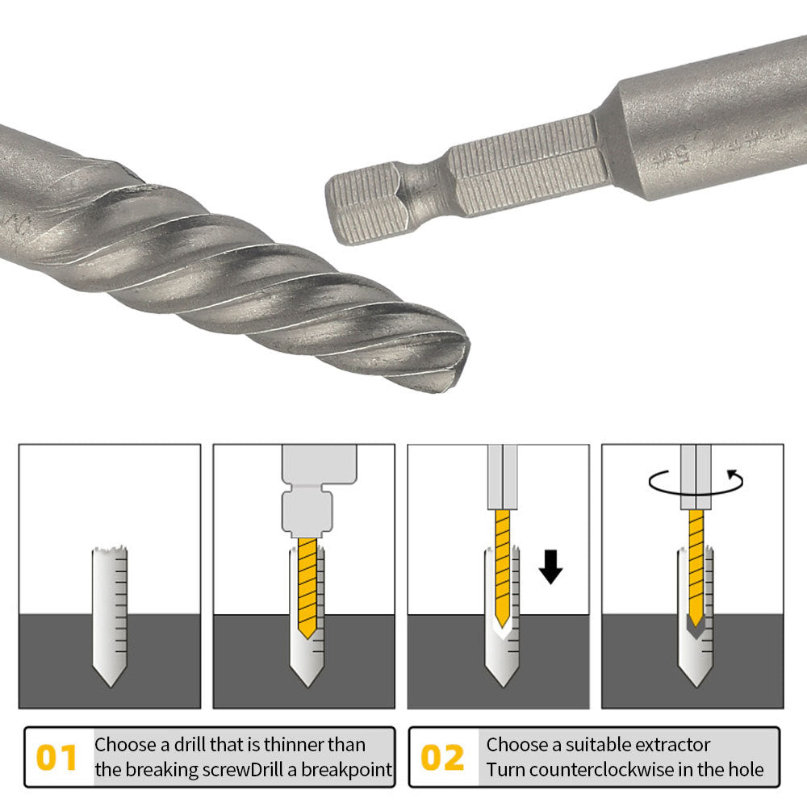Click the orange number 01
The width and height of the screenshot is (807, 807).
click(x=57, y=758)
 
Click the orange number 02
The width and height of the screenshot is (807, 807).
click(x=443, y=758)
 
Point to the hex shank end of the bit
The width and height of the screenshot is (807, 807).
click(x=363, y=202)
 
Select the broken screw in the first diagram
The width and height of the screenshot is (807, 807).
click(x=110, y=613)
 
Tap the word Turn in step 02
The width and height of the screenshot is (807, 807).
click(x=507, y=770)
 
